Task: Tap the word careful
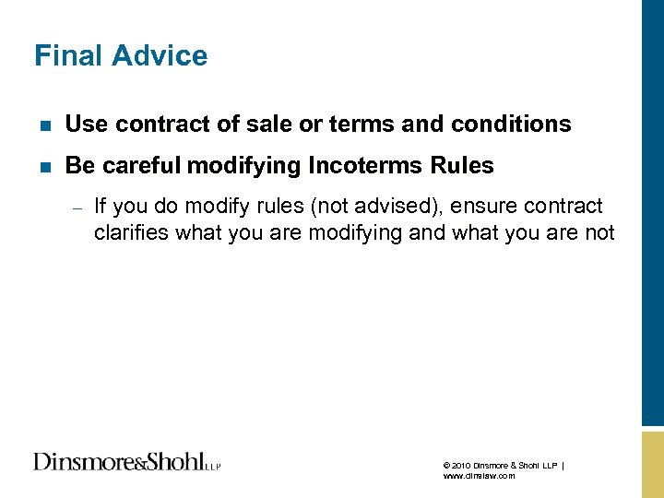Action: coord(142,166)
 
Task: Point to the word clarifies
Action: coord(131,232)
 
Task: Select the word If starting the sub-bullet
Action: coord(101,206)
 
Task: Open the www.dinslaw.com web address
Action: coord(479,476)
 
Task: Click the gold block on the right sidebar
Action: coord(652,461)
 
